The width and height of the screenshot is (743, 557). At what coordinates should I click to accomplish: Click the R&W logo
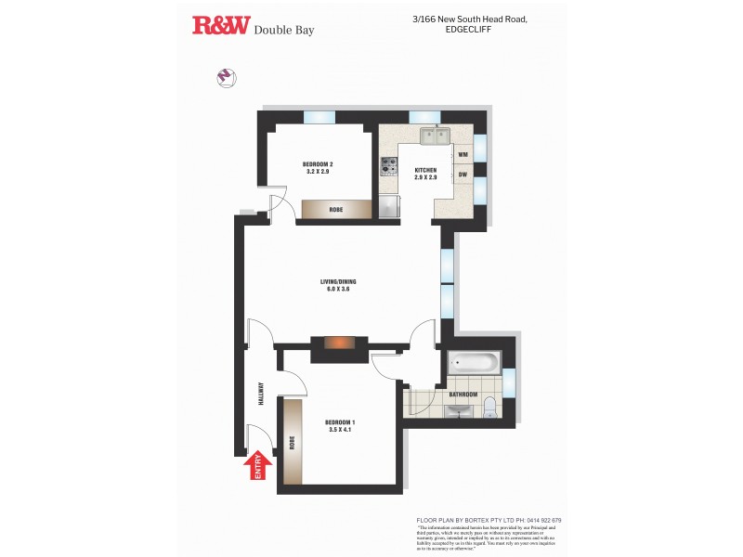221,26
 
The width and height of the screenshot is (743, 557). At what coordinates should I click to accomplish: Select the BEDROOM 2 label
318,168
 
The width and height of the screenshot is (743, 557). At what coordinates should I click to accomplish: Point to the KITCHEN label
425,171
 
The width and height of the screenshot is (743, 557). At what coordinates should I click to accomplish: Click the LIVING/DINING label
337,284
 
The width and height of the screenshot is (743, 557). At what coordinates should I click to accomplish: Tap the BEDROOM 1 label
342,426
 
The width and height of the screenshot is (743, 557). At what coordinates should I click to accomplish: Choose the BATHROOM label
462,395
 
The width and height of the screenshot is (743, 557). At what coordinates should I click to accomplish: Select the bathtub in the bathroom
473,362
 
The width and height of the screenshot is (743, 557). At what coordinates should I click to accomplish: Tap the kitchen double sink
434,137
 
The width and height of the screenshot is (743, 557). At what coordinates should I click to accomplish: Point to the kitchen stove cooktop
388,167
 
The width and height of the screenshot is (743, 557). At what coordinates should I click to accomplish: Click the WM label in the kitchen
462,154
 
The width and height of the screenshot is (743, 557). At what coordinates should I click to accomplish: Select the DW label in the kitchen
462,174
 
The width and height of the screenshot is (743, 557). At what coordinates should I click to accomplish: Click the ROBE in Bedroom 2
335,210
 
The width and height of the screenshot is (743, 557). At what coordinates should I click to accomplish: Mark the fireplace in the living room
337,343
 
